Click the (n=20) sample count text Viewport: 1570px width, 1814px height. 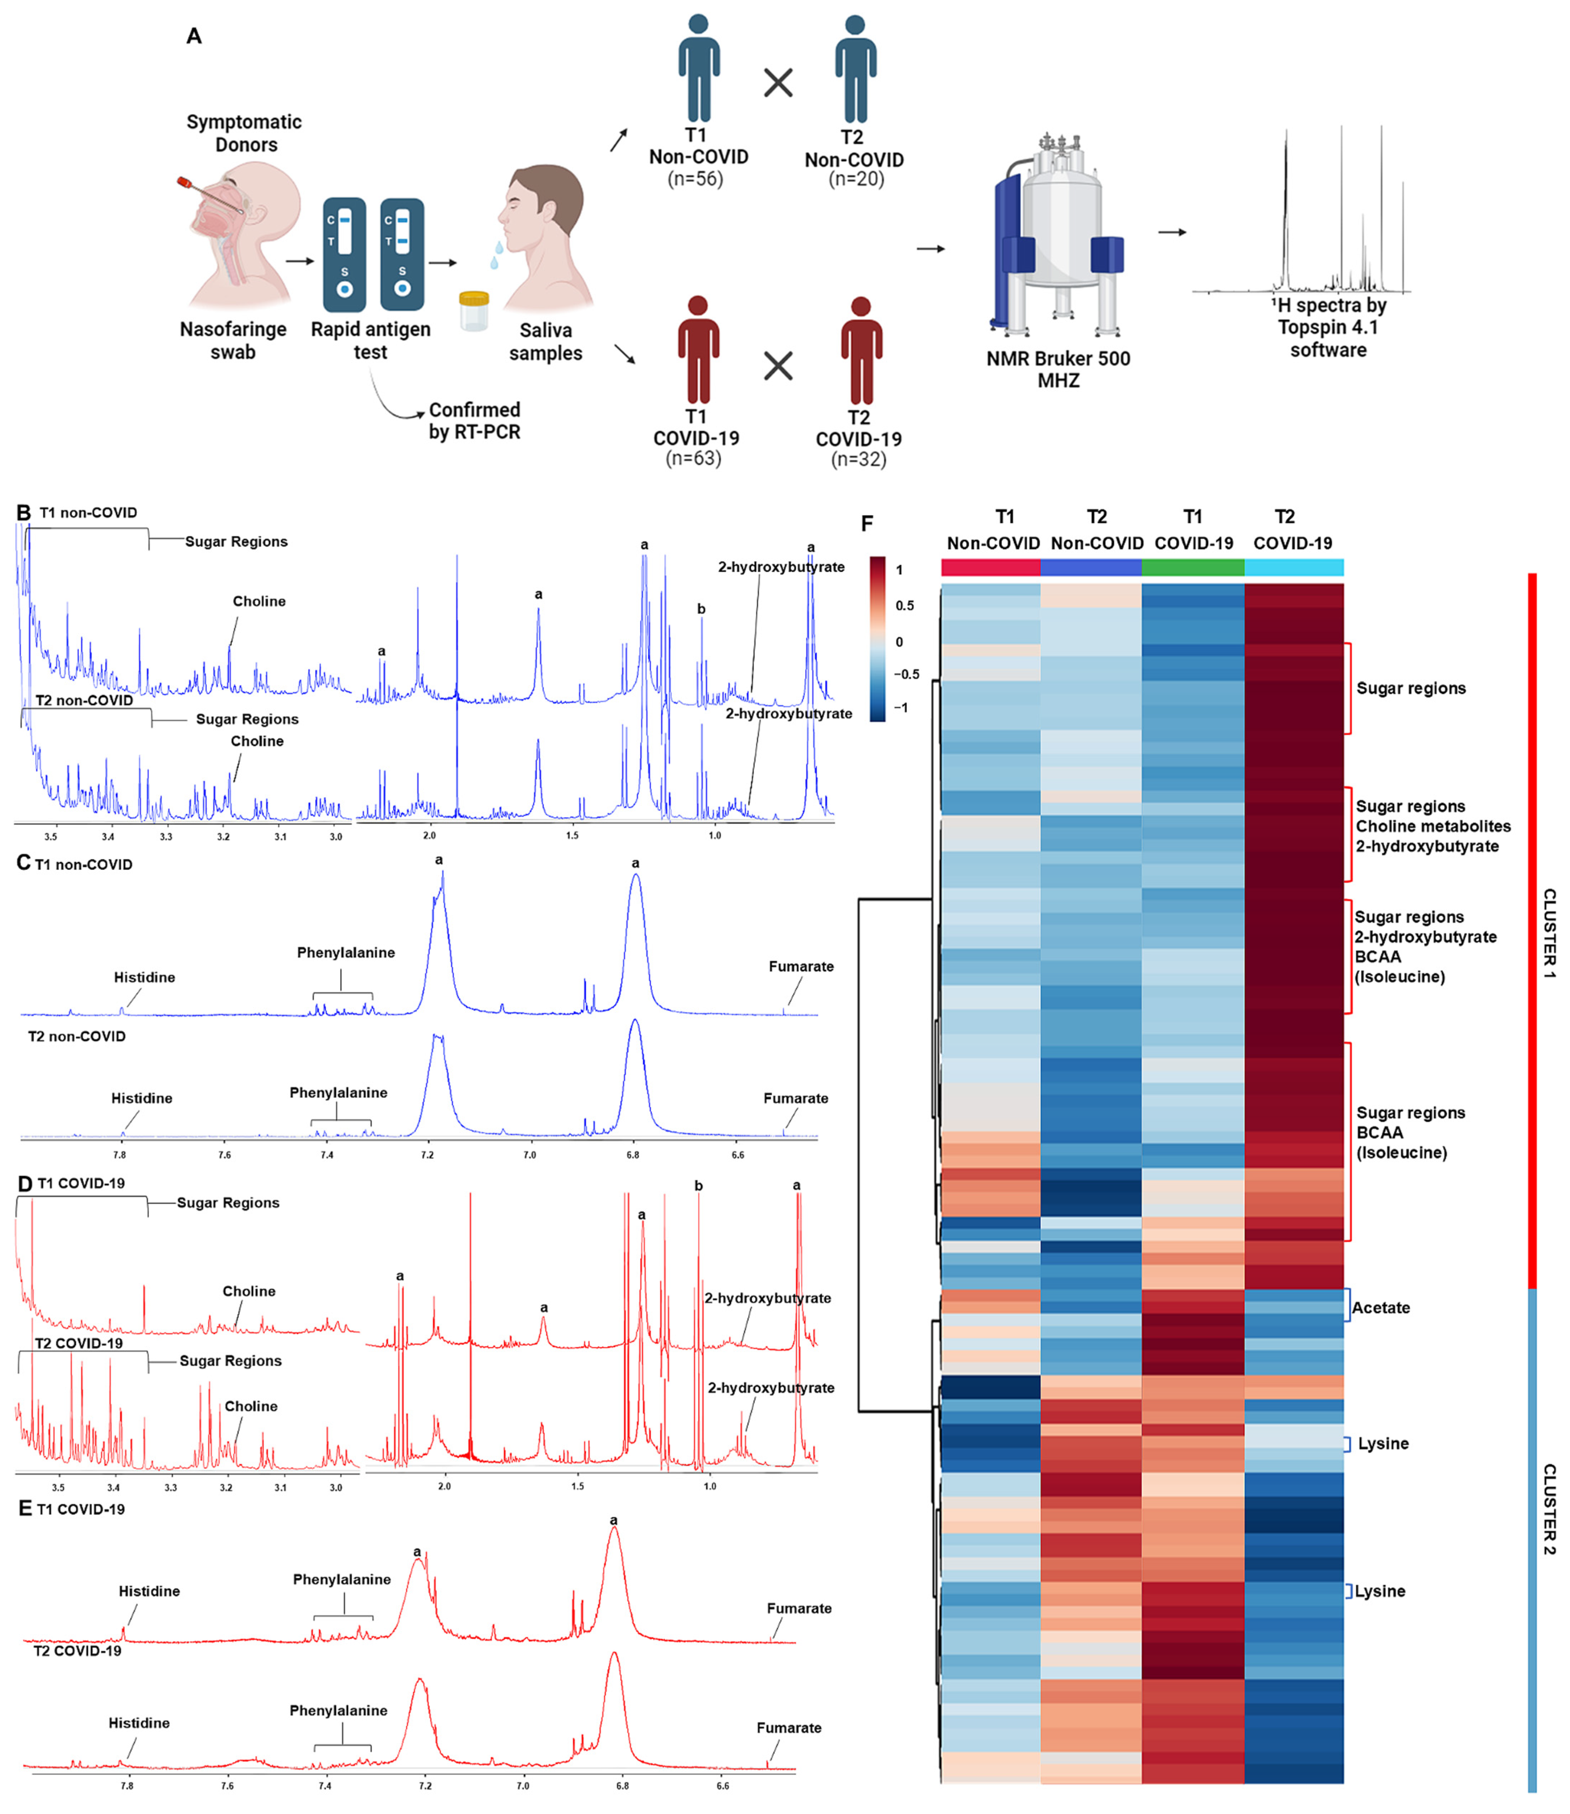[x=856, y=179]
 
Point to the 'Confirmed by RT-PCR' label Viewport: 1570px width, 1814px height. [x=474, y=421]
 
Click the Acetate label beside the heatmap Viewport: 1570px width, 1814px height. [x=1381, y=1308]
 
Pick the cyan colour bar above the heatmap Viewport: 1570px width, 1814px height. [x=1294, y=567]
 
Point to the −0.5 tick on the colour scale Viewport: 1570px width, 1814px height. [x=906, y=675]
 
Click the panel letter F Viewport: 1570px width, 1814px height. [x=867, y=524]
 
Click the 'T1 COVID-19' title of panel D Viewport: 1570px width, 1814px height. [x=81, y=1183]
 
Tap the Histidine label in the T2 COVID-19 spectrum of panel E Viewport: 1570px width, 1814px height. [x=139, y=1723]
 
